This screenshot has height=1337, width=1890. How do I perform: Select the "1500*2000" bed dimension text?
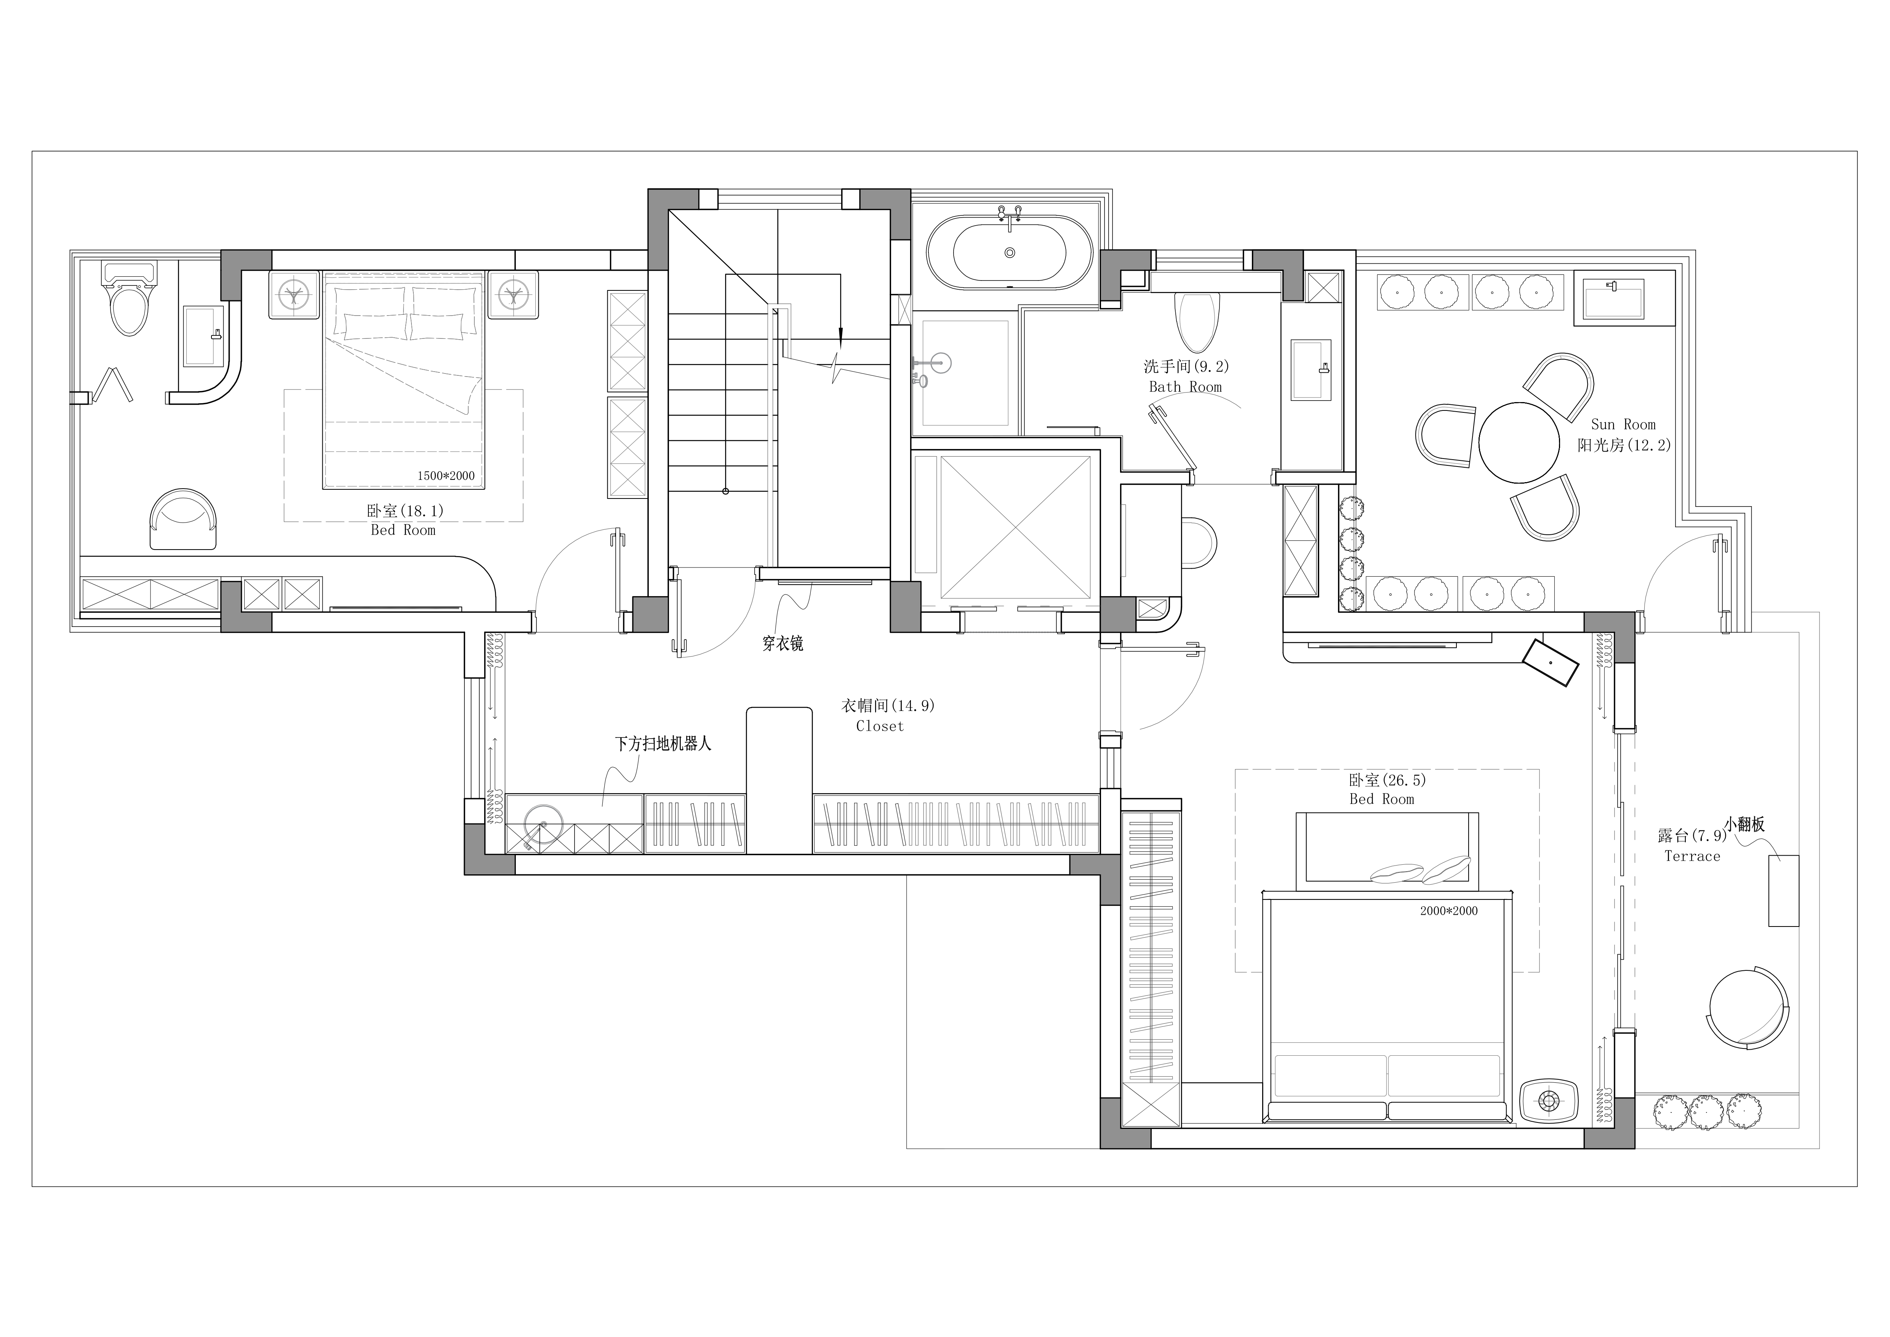point(446,476)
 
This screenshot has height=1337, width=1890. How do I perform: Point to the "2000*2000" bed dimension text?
point(1449,911)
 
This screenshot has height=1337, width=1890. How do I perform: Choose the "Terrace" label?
point(1692,856)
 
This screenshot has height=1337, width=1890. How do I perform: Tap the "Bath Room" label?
point(1185,387)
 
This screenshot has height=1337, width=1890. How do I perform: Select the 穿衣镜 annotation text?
point(783,644)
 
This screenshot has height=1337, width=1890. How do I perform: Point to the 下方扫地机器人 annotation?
point(664,744)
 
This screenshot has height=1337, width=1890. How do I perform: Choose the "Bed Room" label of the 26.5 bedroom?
point(1382,799)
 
